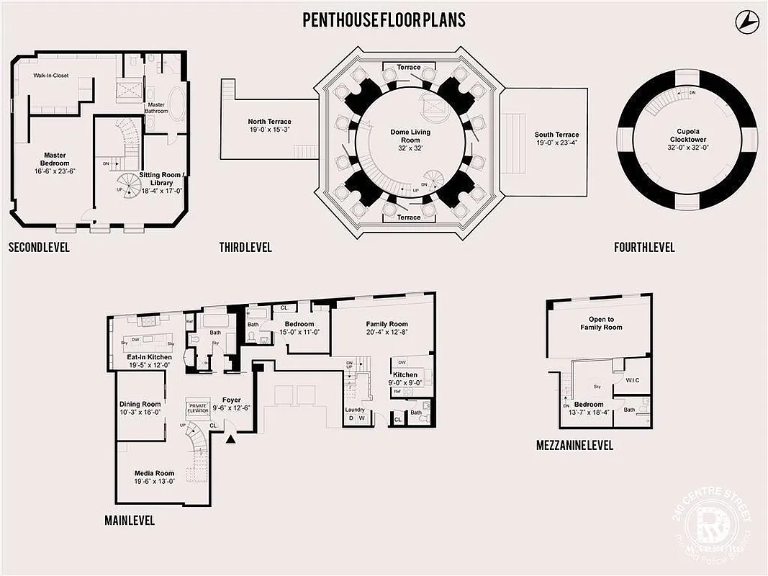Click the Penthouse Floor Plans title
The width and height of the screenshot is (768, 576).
pyautogui.click(x=384, y=19)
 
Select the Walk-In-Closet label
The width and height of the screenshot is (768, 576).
pyautogui.click(x=50, y=75)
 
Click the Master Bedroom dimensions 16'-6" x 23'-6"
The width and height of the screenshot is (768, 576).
pyautogui.click(x=55, y=171)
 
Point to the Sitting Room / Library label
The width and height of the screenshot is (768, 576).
pyautogui.click(x=161, y=179)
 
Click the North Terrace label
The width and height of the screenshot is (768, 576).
pyautogui.click(x=269, y=122)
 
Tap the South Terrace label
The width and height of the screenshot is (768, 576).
pyautogui.click(x=556, y=135)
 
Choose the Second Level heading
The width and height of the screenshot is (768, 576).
pyautogui.click(x=39, y=248)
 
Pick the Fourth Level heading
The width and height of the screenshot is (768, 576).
pyautogui.click(x=644, y=248)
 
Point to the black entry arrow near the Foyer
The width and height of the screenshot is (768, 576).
pyautogui.click(x=231, y=437)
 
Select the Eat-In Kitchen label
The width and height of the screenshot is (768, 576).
pyautogui.click(x=149, y=357)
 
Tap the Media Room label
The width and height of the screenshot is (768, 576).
pyautogui.click(x=154, y=473)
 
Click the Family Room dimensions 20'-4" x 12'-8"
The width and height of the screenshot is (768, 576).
pyautogui.click(x=387, y=333)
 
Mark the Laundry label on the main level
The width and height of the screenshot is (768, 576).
pyautogui.click(x=355, y=410)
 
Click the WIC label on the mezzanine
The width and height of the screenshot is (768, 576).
pyautogui.click(x=633, y=379)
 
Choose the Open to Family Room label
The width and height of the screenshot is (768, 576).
pyautogui.click(x=601, y=323)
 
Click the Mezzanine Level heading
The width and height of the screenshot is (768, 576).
pyautogui.click(x=574, y=446)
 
